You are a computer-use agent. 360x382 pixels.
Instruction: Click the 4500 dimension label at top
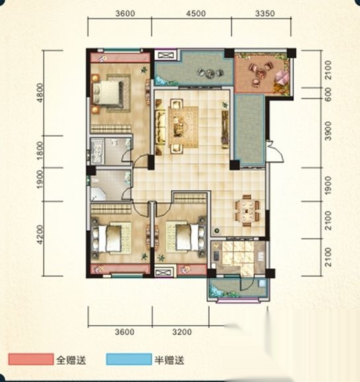196,13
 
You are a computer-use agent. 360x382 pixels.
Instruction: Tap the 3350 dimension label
265,13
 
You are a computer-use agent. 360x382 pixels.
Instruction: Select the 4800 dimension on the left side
40,93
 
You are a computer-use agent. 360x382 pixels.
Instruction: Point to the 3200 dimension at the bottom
182,332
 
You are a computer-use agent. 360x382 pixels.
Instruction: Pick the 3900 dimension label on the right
328,131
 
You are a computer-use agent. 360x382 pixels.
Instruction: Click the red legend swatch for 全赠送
30,360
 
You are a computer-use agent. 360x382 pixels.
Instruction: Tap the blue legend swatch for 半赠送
129,360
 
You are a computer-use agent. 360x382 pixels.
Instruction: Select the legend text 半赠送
169,360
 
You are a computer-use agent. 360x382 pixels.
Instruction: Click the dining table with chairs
247,211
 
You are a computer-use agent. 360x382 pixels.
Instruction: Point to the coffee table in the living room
179,127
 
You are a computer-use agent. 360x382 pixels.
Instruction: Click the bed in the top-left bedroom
107,93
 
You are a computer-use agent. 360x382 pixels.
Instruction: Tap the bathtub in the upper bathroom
97,151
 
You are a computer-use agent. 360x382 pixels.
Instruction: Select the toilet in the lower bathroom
95,180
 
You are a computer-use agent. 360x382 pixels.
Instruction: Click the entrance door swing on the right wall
275,151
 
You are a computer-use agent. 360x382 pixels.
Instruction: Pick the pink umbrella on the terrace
283,77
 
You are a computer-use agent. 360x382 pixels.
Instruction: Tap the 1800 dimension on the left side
40,151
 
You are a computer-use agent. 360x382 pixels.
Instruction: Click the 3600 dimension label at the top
125,13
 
